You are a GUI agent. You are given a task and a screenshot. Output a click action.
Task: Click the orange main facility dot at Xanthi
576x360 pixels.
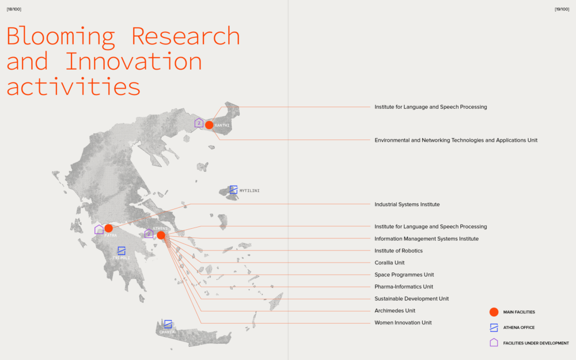(x=209, y=125)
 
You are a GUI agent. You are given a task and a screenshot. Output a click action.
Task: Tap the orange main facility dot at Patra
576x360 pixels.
(x=108, y=229)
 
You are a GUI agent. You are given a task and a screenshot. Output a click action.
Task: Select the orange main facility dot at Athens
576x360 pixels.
(x=161, y=235)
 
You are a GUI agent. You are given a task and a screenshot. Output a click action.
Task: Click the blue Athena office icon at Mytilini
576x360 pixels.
(x=233, y=190)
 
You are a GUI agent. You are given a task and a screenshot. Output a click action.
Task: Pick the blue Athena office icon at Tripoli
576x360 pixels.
(x=122, y=251)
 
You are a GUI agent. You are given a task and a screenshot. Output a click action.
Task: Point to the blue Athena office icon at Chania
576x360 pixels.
(x=168, y=324)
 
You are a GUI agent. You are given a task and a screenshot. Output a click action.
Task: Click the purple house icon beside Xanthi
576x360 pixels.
(x=199, y=123)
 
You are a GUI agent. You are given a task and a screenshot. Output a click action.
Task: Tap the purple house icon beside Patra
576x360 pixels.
(x=99, y=230)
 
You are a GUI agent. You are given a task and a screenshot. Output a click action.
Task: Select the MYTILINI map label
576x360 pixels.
(x=249, y=191)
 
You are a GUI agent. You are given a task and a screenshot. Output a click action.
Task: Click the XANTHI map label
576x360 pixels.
(x=222, y=125)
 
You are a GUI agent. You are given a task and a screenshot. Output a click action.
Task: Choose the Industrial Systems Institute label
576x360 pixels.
(x=407, y=204)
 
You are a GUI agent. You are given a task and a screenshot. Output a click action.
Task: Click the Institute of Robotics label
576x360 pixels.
(x=399, y=251)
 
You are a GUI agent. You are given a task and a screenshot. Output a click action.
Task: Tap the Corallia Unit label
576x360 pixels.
(x=389, y=263)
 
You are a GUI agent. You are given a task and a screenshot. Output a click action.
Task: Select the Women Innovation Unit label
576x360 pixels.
(x=403, y=323)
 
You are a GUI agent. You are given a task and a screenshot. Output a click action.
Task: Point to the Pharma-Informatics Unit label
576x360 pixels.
(x=404, y=286)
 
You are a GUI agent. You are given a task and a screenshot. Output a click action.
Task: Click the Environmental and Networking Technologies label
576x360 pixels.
(x=456, y=140)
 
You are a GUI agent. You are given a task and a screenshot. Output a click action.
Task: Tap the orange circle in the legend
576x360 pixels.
(x=494, y=312)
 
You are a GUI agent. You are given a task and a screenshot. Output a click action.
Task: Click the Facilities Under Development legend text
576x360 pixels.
(x=536, y=343)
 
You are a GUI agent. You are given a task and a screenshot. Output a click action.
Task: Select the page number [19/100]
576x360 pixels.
(x=562, y=9)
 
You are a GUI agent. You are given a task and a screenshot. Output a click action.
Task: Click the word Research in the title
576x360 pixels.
(x=185, y=36)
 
